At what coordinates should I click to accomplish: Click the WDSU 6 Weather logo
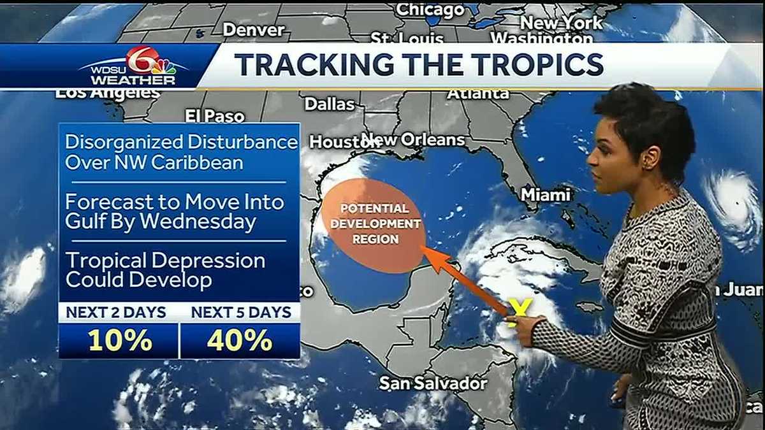134,67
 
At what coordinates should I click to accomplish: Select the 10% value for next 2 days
120,341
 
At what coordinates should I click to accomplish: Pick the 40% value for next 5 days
240,341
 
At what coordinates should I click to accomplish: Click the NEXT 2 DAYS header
116,312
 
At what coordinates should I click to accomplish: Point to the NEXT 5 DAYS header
241,312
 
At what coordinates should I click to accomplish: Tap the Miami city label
545,194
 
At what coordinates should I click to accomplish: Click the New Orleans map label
413,139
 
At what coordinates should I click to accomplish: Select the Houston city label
335,142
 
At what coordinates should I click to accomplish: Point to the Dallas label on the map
329,104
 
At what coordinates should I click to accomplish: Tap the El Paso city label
215,116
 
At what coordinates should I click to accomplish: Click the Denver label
254,30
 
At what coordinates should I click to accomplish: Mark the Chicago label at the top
430,10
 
